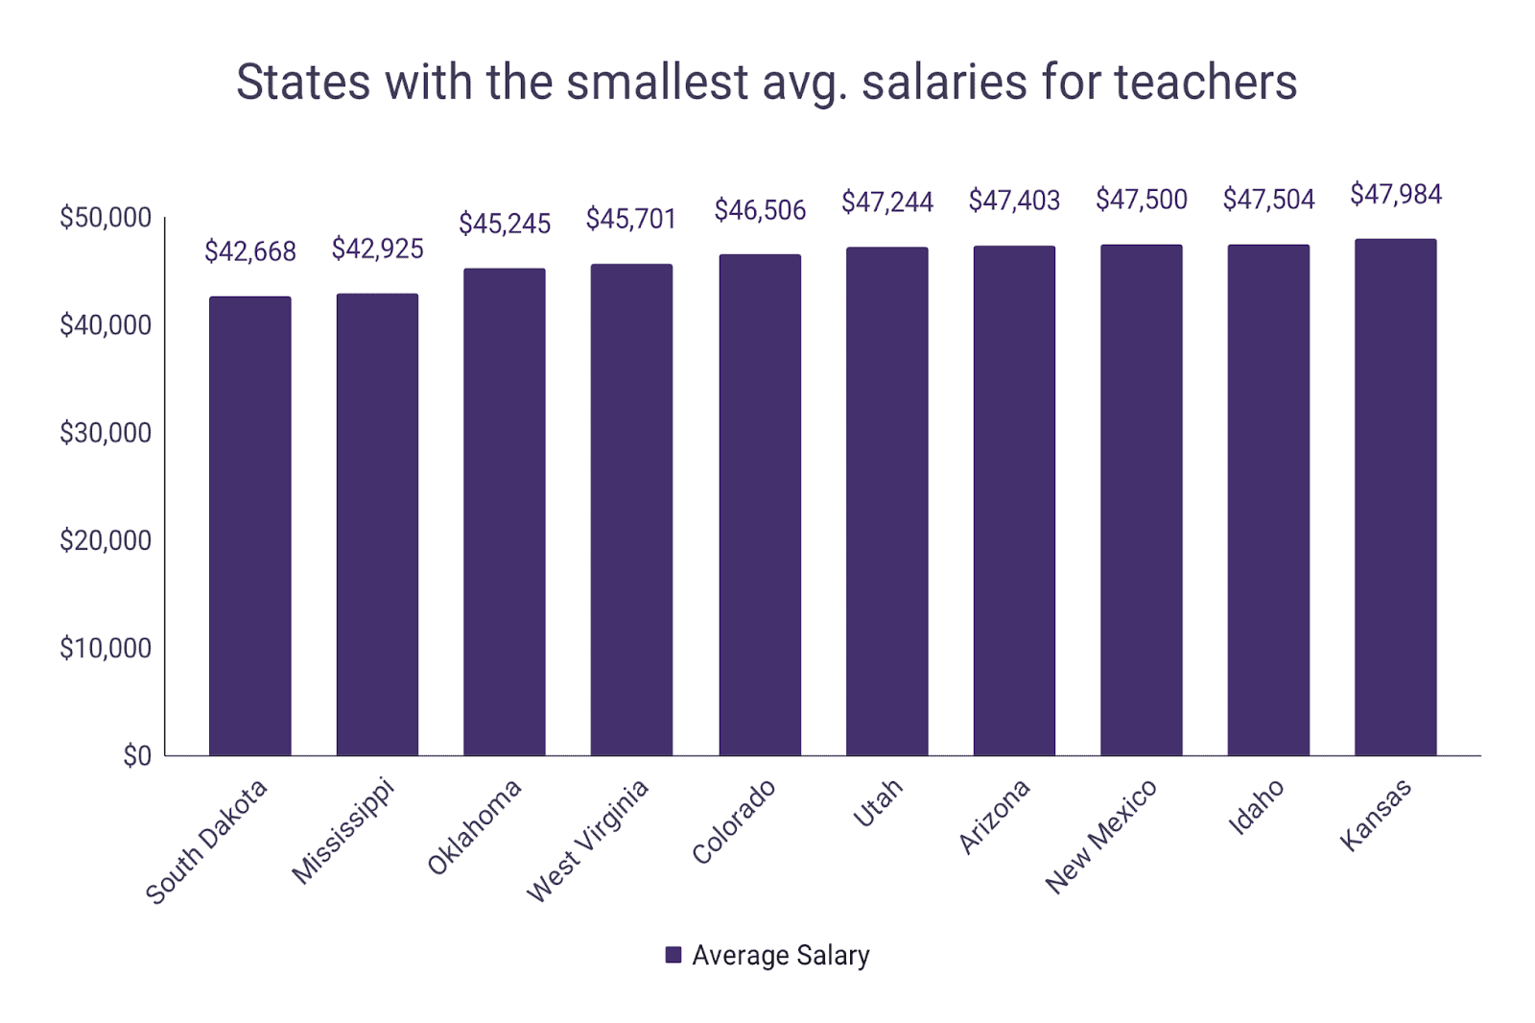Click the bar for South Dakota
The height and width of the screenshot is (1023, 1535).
(249, 526)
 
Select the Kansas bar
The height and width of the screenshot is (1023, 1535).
(1395, 497)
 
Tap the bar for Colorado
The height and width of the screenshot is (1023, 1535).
(760, 505)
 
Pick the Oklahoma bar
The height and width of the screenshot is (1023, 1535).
(504, 511)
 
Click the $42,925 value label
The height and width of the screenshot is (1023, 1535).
(377, 250)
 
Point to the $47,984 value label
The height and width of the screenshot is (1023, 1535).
(1395, 195)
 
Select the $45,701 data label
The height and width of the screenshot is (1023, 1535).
(631, 220)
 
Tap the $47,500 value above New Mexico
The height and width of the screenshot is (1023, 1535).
(1141, 200)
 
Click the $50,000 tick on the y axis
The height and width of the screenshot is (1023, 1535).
(106, 218)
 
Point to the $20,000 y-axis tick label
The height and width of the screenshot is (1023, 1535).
(106, 541)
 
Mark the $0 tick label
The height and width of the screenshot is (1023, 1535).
(137, 756)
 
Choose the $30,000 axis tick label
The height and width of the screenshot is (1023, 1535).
(106, 433)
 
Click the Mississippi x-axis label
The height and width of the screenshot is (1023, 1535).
(342, 832)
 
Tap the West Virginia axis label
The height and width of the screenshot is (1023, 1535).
(587, 842)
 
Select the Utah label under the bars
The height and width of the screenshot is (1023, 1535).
(878, 803)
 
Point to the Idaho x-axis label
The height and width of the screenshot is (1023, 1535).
(1256, 807)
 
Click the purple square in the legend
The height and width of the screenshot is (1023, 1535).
(673, 955)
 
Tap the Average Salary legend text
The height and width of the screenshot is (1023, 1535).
(781, 955)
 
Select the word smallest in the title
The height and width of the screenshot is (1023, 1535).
(657, 82)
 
